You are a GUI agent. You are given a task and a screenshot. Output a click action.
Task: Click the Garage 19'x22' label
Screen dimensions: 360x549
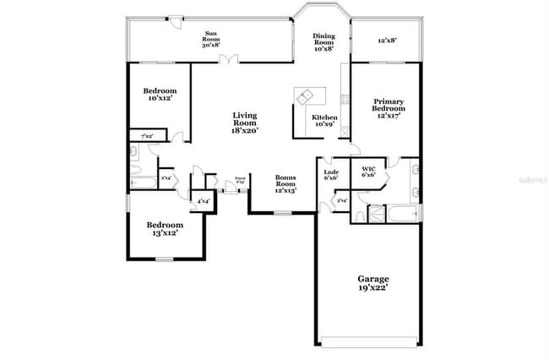[372, 283]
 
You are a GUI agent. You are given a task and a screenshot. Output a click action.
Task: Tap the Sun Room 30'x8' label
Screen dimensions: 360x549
[211, 40]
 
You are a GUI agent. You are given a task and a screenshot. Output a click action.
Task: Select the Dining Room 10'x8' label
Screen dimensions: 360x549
[323, 42]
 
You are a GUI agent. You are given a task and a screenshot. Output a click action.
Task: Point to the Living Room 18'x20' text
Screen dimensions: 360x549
[244, 123]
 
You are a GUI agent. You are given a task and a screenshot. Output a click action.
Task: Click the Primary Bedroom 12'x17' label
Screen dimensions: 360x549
[389, 107]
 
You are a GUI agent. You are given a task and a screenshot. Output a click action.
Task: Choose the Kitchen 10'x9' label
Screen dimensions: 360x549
[324, 121]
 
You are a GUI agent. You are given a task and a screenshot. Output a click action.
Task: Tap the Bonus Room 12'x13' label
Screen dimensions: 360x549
[285, 185]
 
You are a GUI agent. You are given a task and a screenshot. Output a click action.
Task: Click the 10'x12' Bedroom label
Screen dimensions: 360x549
[160, 94]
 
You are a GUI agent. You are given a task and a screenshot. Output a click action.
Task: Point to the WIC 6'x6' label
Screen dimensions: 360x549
[368, 172]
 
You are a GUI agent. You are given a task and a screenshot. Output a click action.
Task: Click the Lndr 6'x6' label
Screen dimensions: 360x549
[331, 175]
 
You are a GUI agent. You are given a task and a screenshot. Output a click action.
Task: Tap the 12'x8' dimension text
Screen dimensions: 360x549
[387, 40]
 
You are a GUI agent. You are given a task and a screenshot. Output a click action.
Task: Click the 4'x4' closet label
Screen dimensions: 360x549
[203, 202]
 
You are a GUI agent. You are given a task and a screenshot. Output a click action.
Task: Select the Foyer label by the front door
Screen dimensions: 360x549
[240, 179]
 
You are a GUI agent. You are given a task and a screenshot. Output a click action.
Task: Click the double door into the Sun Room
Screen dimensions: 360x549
[226, 60]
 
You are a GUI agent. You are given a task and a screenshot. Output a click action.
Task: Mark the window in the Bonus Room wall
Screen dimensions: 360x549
[280, 213]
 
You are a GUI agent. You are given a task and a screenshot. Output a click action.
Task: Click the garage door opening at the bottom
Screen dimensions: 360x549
[369, 341]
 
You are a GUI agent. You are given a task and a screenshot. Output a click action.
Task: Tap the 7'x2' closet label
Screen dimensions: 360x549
[146, 135]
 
